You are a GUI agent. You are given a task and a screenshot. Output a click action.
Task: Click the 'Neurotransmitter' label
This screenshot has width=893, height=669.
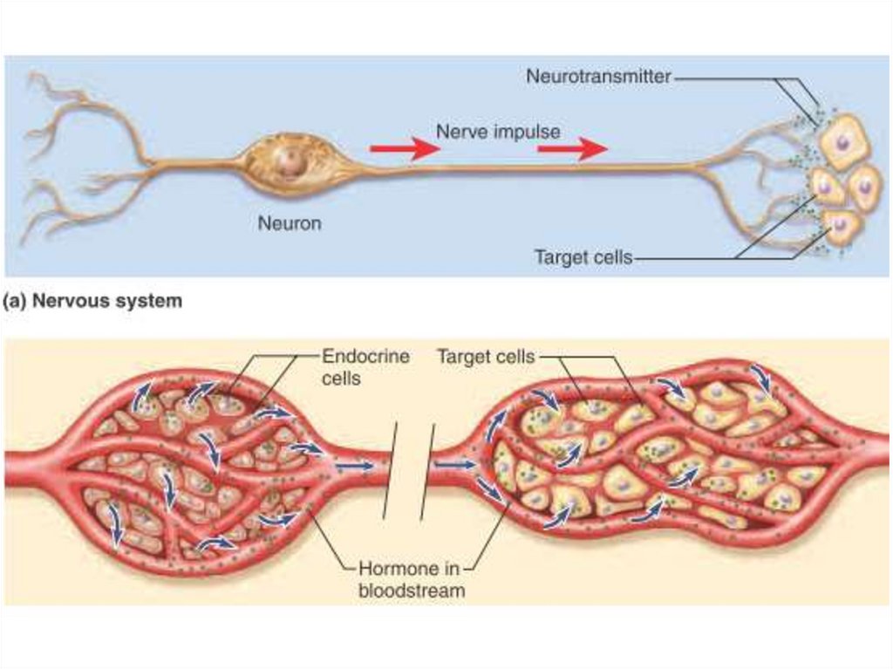tap(598, 77)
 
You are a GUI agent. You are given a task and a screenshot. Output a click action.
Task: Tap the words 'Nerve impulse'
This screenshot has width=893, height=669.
tap(498, 132)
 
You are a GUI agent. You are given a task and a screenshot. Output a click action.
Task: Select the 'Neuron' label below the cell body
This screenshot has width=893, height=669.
tap(290, 223)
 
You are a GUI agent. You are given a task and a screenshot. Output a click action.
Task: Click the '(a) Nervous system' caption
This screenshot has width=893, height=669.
tap(92, 302)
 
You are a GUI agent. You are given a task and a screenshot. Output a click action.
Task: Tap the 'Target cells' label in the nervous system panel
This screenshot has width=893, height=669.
tap(583, 258)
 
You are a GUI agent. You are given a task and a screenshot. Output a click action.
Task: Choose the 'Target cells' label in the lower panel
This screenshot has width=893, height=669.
tap(486, 356)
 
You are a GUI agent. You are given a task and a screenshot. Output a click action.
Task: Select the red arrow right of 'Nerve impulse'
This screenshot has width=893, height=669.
tap(572, 149)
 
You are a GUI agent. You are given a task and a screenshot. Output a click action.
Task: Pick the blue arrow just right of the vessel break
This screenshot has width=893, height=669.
tap(453, 466)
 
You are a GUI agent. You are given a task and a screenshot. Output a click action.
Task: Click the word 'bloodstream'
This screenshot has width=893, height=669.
tap(411, 590)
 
